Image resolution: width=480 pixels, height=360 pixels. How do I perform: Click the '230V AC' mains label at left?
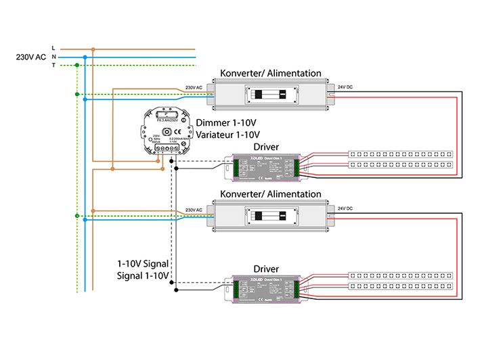pos(30,57)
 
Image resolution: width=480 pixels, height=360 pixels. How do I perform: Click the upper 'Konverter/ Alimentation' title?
pos(271,73)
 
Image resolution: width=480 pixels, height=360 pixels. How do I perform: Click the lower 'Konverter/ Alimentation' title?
pos(271,194)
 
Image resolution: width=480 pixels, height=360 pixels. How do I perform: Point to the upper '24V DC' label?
pos(345,87)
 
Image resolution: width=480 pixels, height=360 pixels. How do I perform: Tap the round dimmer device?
pos(165,132)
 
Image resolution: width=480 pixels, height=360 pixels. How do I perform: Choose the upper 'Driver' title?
pos(266,147)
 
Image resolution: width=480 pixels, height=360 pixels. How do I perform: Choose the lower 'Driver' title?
pos(266,269)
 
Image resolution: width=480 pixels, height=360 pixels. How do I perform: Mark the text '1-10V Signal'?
pos(143,263)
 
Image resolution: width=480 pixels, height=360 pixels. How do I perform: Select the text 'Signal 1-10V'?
pos(143,275)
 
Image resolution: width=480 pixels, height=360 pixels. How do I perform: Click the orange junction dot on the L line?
pos(93,49)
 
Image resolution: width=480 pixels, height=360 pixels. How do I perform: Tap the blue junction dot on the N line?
pos(85,57)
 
